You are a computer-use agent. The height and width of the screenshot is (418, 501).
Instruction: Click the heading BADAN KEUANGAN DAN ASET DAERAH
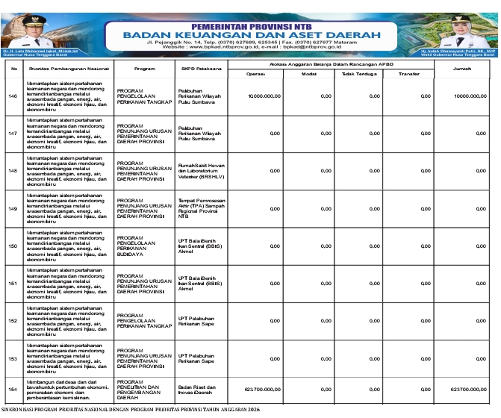(x=252, y=34)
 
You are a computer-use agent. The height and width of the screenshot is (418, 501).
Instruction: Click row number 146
(x=12, y=96)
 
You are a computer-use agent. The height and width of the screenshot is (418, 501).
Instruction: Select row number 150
(x=12, y=246)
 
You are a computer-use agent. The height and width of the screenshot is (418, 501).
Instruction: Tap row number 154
(x=12, y=389)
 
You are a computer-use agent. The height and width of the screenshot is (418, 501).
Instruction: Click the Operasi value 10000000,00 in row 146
(x=264, y=96)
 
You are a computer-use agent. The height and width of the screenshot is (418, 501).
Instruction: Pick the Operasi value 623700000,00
(x=263, y=389)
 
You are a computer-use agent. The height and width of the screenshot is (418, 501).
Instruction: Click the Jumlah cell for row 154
(x=469, y=389)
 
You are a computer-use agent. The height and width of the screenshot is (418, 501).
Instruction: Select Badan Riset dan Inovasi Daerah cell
(x=199, y=389)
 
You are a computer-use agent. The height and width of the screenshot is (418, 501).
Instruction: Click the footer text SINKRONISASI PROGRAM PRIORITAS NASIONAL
(x=130, y=411)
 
